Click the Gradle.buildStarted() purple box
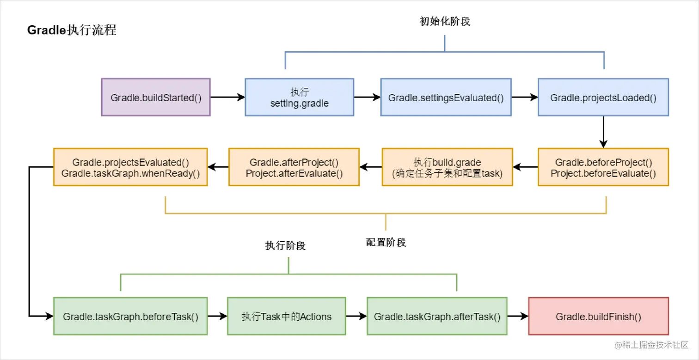(156, 97)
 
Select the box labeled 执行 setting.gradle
(299, 97)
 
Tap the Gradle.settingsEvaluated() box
(446, 97)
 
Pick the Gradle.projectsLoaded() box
(603, 97)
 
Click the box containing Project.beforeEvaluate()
(603, 167)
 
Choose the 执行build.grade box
(447, 167)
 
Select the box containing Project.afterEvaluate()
(294, 167)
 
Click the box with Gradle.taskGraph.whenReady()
(130, 167)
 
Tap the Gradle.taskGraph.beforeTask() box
(130, 317)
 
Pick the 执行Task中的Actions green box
(286, 317)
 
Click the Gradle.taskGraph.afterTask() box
(437, 317)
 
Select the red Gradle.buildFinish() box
(598, 317)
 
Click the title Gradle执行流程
(72, 31)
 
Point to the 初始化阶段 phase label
(444, 21)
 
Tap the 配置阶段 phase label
(386, 242)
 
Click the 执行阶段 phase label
(285, 245)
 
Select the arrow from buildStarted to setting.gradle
(227, 97)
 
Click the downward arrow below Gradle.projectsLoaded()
(603, 132)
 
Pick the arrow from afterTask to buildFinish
(517, 317)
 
